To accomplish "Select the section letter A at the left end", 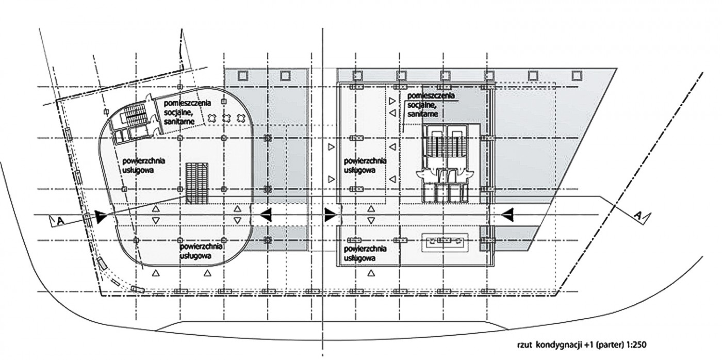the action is (x=60, y=221).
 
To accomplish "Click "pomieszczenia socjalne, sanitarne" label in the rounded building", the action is (x=187, y=112).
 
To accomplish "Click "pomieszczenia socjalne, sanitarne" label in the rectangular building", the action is (x=431, y=105).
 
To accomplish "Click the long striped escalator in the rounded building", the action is (x=197, y=183).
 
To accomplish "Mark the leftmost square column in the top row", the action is (x=243, y=76).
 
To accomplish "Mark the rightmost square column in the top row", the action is (x=577, y=76).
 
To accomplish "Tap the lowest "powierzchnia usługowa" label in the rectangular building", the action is (x=365, y=253).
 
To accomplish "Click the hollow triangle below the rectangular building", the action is (x=372, y=274).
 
